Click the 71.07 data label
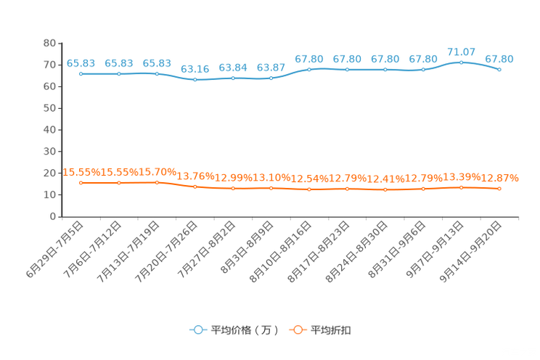pyautogui.click(x=461, y=52)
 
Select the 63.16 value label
pyautogui.click(x=195, y=69)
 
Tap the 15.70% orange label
pyautogui.click(x=157, y=172)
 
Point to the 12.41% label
pyautogui.click(x=385, y=179)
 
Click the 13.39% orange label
pyautogui.click(x=462, y=177)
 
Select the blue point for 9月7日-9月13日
pyautogui.click(x=461, y=62)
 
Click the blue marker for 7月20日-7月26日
pyautogui.click(x=195, y=80)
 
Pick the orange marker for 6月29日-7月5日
pyautogui.click(x=81, y=183)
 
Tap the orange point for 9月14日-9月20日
pyautogui.click(x=499, y=189)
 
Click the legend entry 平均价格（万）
pyautogui.click(x=234, y=330)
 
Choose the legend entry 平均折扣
pyautogui.click(x=320, y=330)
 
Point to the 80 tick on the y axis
pyautogui.click(x=49, y=43)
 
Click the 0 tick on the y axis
pyautogui.click(x=53, y=216)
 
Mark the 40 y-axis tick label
pyautogui.click(x=49, y=130)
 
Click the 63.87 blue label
pyautogui.click(x=271, y=67)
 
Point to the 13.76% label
pyautogui.click(x=195, y=176)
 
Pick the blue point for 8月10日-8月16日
pyautogui.click(x=309, y=70)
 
